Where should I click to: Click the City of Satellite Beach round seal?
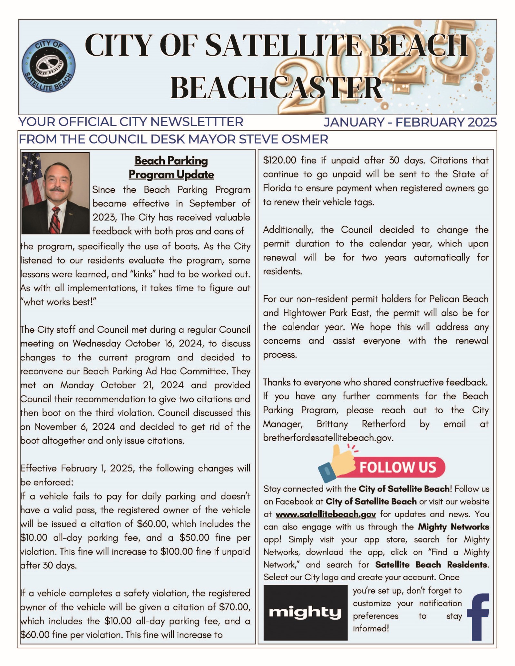pos(48,66)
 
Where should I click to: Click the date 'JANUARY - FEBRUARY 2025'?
pos(410,122)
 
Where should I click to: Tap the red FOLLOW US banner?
pos(400,467)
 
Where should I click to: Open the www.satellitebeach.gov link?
pos(326,514)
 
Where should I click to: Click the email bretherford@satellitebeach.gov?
pos(328,438)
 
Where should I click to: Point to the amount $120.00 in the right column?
pos(279,160)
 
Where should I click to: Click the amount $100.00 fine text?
pos(176,552)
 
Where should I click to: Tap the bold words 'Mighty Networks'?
pos(453,527)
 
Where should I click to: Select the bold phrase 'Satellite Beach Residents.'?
pos(432,565)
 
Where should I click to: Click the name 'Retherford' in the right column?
pos(384,424)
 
